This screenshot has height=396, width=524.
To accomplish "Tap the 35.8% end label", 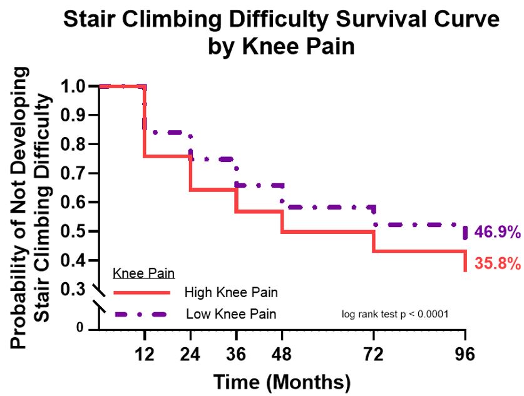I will [498, 263].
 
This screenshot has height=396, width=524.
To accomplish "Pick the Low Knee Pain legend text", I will [231, 313].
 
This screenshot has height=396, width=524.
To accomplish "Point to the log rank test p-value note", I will [396, 313].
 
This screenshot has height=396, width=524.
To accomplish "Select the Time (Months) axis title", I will [282, 380].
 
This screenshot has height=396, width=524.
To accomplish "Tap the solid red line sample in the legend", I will [141, 292].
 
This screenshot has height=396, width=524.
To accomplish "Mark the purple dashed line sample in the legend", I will [141, 313].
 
